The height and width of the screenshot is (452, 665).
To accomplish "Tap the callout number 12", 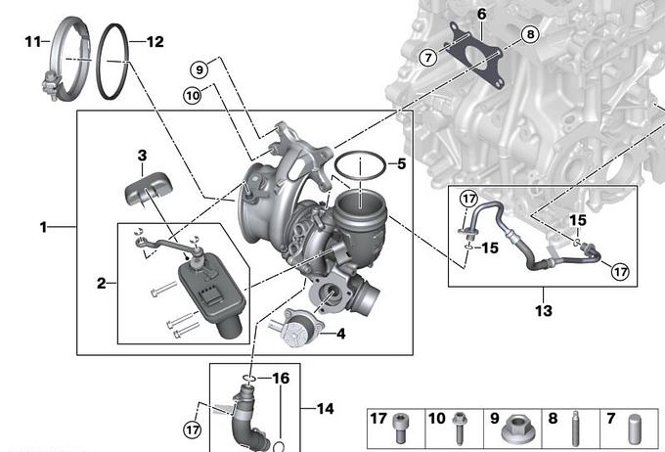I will point(155,41).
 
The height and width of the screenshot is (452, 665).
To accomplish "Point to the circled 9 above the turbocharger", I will point(199,70).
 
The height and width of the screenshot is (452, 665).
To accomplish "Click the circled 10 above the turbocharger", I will point(192,95).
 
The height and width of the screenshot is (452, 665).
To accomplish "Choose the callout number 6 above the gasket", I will point(481,14).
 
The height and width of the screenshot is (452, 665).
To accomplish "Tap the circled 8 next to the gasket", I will point(530,35).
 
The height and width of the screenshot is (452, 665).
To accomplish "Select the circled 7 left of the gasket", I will point(427,58).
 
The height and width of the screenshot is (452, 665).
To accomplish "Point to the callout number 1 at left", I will point(43,227).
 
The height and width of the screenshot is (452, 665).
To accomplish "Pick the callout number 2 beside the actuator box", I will point(101,284).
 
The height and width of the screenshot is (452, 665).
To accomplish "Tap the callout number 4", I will point(340,334).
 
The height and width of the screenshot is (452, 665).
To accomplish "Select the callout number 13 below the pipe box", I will point(544,311).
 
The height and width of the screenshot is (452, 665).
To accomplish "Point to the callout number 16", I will point(281,378).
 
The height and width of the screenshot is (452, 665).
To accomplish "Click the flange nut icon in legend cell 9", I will point(515,429).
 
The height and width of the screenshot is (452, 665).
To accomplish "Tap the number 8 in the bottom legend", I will point(553,419).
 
